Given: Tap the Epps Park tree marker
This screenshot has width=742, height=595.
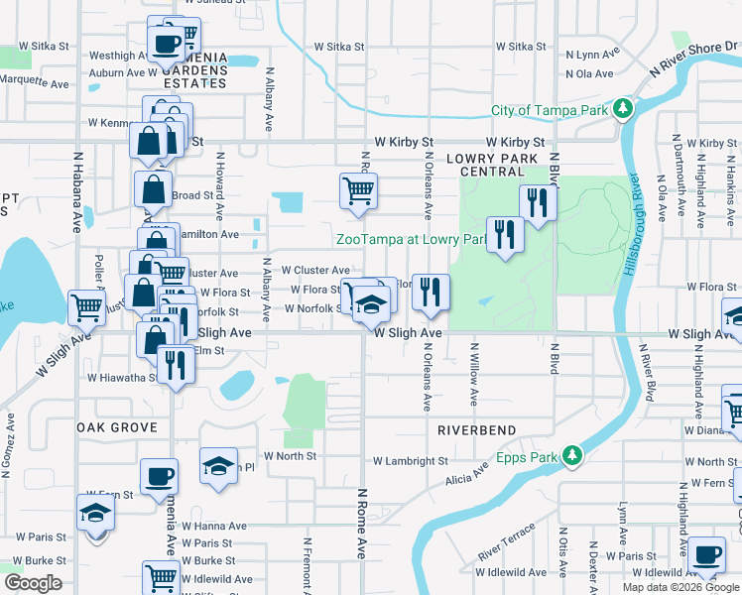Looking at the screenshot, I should (x=571, y=455).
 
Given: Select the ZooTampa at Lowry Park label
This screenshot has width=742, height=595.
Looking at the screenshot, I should (x=410, y=239).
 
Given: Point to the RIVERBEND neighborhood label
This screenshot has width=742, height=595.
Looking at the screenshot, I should (x=476, y=430).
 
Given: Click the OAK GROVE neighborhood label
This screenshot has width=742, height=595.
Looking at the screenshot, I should (x=116, y=427).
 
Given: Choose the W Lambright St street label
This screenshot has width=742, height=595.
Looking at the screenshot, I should (x=411, y=461).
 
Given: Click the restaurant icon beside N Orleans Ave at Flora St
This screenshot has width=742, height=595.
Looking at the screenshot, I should (x=431, y=291).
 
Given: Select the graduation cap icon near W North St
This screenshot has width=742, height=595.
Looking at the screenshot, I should (x=218, y=465).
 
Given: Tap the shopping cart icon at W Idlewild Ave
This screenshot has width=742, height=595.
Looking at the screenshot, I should (x=161, y=576).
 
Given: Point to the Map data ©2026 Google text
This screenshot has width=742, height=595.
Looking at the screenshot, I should (x=680, y=588).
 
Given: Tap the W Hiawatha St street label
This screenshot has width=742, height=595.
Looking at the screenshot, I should (x=121, y=378).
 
